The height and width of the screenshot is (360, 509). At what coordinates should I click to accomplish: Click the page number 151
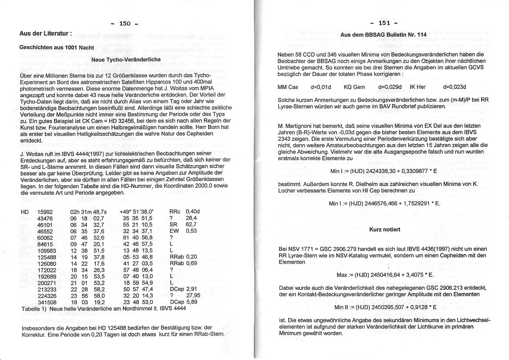point(384,23)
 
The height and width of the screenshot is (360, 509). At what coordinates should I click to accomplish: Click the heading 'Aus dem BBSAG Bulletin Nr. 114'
point(384,34)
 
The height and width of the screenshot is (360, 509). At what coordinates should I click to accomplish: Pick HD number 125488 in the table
point(47,257)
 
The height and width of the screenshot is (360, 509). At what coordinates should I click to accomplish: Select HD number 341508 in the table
point(47,302)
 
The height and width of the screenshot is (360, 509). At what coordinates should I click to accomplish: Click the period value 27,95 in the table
point(192,295)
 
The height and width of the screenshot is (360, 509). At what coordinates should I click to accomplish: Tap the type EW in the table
point(174,231)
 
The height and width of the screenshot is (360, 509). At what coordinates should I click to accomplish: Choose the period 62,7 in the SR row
point(191,224)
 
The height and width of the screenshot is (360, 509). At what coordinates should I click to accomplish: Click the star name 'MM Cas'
point(288,87)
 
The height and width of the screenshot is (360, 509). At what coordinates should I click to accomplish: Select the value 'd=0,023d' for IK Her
point(454,87)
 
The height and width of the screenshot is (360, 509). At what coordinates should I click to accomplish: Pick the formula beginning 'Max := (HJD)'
point(385,275)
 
